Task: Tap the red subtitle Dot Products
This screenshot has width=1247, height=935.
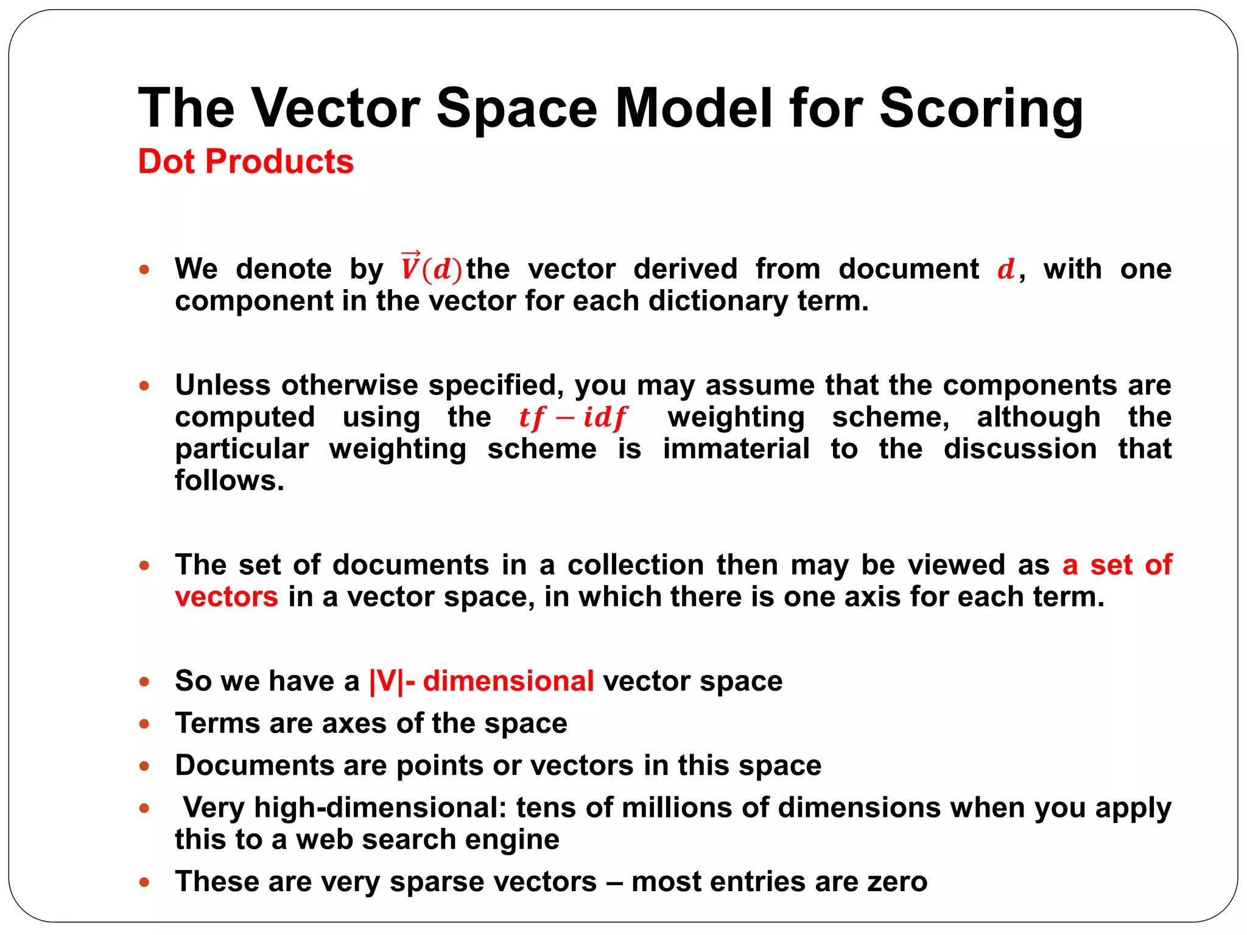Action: click(x=245, y=162)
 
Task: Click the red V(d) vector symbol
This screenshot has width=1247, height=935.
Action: click(x=431, y=267)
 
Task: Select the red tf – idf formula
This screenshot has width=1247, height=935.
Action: click(x=572, y=418)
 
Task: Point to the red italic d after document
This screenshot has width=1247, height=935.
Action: click(x=1006, y=269)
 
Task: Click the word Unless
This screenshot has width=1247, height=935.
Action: click(x=223, y=385)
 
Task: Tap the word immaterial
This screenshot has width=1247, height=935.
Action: click(x=736, y=449)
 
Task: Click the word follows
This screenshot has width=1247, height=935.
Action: click(x=230, y=481)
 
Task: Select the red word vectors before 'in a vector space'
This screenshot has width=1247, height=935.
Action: click(x=227, y=597)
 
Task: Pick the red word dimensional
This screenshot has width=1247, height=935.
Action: click(x=508, y=681)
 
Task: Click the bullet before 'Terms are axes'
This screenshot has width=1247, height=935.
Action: click(x=144, y=724)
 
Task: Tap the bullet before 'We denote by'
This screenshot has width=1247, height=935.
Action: click(x=144, y=269)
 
